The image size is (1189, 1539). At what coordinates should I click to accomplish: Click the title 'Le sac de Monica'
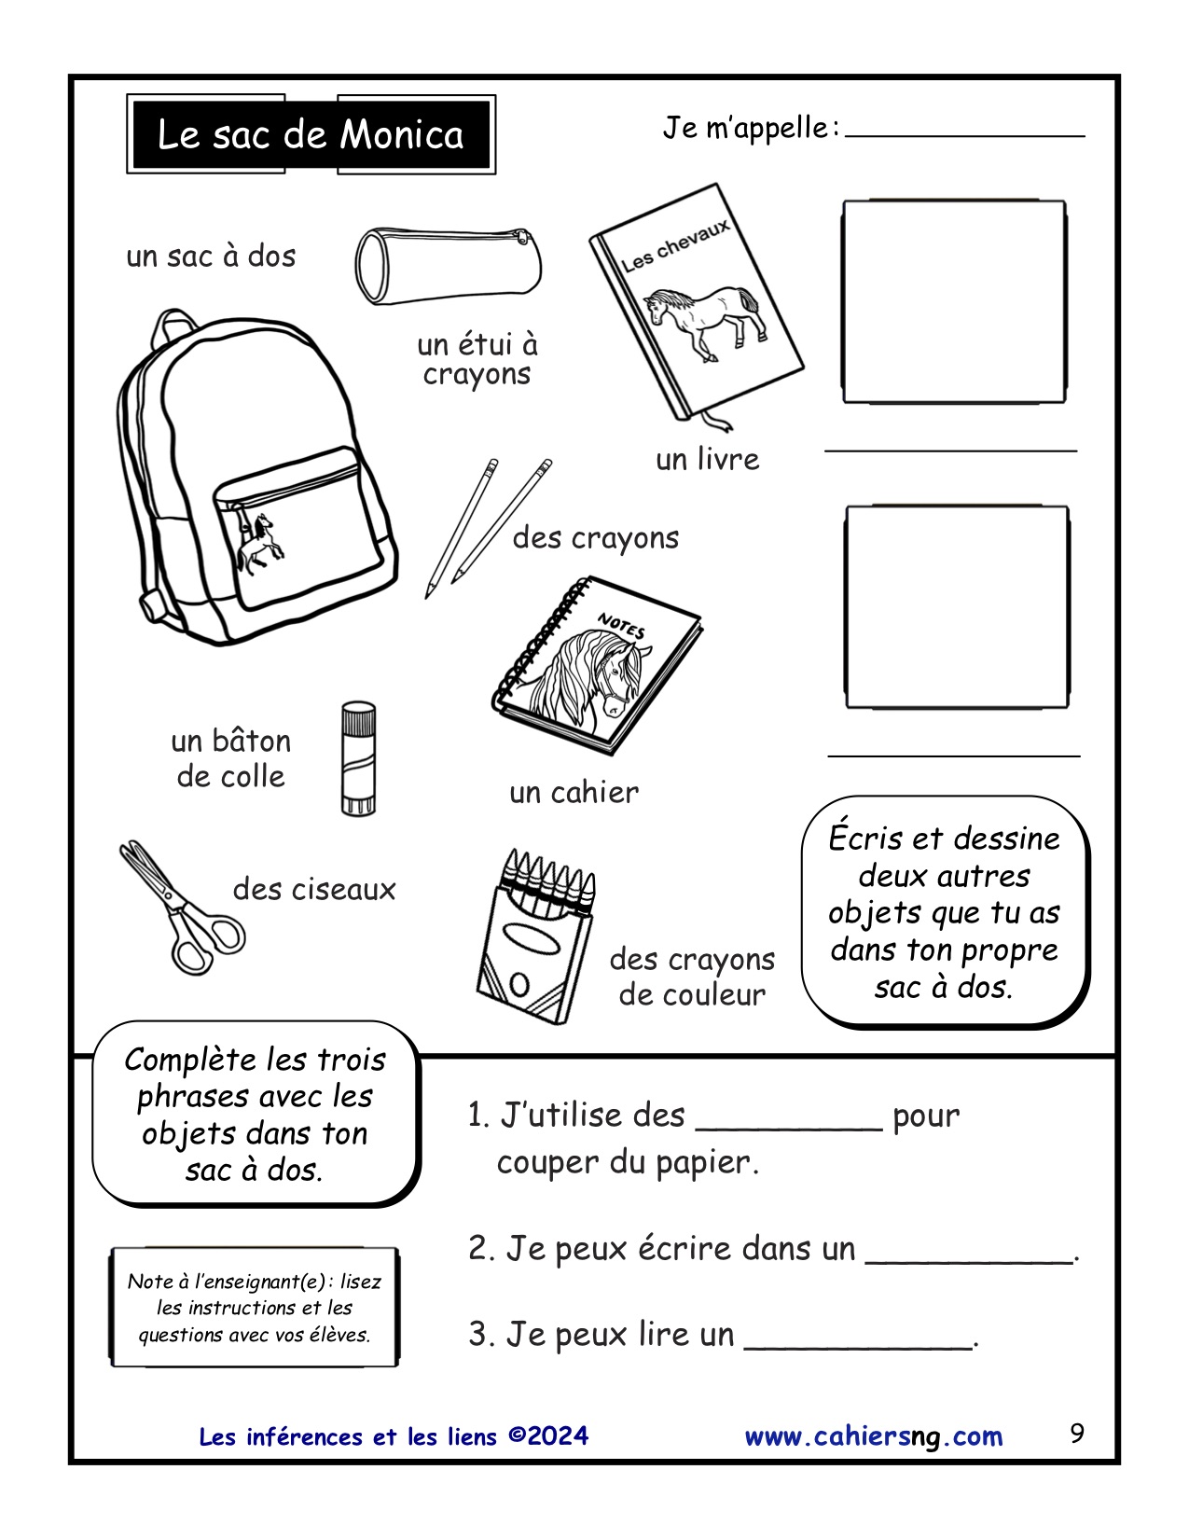point(311,135)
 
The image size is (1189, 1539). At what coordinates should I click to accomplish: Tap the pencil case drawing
point(448,265)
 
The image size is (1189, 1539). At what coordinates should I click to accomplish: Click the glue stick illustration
point(358,759)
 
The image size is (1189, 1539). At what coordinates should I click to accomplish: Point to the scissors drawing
point(181,908)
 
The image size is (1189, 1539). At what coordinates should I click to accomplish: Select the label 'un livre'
point(707,460)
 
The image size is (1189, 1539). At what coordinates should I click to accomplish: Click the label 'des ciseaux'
point(314,890)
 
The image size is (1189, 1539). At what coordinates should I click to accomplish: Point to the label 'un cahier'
point(574,793)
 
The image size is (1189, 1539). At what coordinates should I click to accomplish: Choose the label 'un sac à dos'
point(211,256)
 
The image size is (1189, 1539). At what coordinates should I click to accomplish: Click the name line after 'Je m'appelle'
point(964,131)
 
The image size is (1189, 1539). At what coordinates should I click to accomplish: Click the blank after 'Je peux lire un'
point(858,1339)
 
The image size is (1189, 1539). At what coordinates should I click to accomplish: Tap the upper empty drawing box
point(954,301)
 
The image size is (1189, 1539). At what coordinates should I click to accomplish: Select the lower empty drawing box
point(957,607)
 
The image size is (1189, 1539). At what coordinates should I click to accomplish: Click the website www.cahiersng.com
point(874,1436)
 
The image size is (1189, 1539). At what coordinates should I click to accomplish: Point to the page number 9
point(1077,1433)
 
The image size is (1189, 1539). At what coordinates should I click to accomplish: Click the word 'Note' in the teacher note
point(149,1282)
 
